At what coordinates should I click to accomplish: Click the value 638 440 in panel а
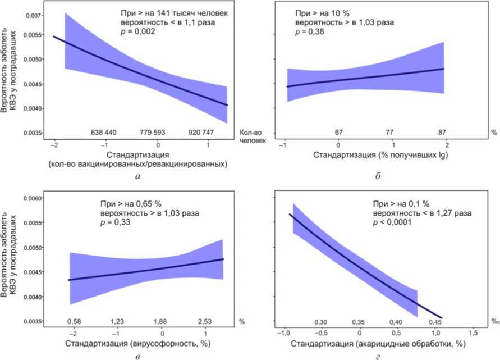click(103, 133)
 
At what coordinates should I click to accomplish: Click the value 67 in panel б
click(338, 132)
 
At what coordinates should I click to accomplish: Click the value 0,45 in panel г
click(435, 322)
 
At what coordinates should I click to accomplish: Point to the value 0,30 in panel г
click(320, 322)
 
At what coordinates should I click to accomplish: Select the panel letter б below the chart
click(379, 177)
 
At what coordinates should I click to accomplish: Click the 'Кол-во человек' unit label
click(251, 136)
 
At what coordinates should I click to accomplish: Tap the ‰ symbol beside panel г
click(494, 322)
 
